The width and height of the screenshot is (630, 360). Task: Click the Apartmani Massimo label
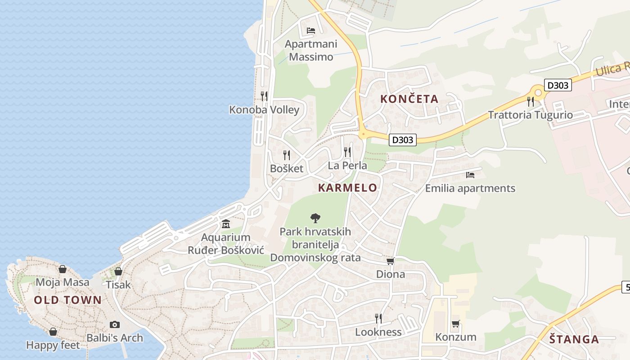pos(311,50)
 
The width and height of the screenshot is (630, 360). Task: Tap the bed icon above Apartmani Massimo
pos(311,31)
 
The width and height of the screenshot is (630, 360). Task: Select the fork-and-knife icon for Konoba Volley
pos(264,96)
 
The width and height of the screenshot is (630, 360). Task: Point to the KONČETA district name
pos(409,99)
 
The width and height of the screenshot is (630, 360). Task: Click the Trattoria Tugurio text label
pos(531,115)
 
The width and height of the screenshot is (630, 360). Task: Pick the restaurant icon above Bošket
pos(287,155)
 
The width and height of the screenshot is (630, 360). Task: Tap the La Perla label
pos(347,165)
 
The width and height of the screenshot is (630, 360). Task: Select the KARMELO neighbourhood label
pos(347,188)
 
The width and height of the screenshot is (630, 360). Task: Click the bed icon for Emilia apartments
pos(470,175)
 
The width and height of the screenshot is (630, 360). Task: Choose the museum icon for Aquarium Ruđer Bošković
pos(226,224)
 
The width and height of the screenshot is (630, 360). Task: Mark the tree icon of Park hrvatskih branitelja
pos(315,218)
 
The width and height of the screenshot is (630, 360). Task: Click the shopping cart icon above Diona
pos(390,261)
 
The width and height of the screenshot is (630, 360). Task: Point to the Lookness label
pos(378,332)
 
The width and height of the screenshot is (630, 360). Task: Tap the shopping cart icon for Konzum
pos(455,324)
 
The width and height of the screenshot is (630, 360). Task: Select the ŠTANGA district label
pos(574,339)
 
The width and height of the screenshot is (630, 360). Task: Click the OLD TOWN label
pos(68,300)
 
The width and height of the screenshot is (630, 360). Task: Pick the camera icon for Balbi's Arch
pos(115,324)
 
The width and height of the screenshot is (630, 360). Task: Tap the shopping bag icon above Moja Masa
pos(63,269)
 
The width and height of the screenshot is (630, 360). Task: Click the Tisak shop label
pos(118,284)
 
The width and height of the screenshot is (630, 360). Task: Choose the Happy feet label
pos(53,345)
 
